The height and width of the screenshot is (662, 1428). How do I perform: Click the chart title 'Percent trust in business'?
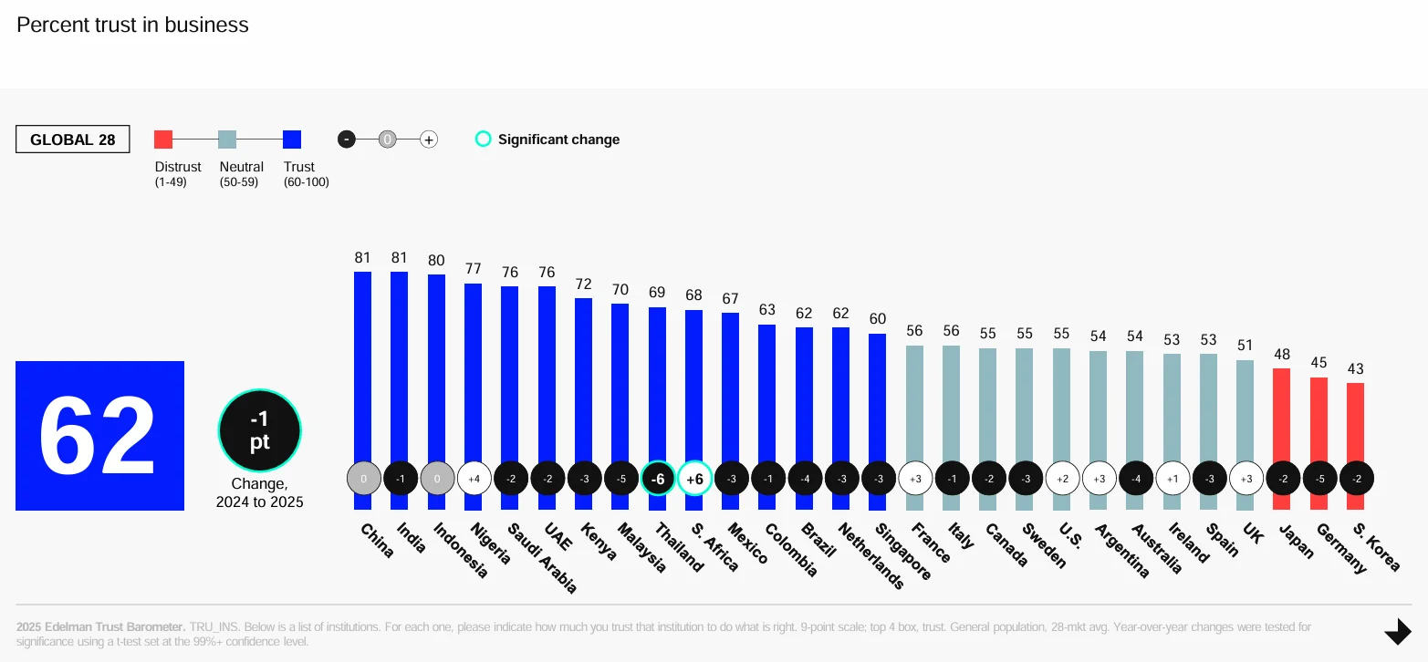tap(132, 25)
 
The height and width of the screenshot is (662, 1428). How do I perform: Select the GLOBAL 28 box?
tap(72, 140)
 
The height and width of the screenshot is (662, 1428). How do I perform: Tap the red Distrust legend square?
tap(163, 140)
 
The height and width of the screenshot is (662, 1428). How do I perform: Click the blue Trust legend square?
tap(292, 140)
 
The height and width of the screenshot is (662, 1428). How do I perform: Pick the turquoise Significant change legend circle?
tap(484, 140)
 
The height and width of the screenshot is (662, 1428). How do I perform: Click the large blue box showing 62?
tap(99, 436)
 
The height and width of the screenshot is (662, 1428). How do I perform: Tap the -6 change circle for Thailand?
tap(658, 478)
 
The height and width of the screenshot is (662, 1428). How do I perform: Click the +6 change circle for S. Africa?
tap(694, 478)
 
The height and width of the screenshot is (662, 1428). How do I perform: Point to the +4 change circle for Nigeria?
tap(474, 478)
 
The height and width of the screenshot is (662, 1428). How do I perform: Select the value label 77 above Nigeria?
tap(474, 269)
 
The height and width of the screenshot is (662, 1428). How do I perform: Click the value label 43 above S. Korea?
tap(1355, 368)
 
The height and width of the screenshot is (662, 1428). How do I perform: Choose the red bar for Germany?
tap(1319, 419)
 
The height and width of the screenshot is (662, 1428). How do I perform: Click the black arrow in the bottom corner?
tap(1398, 631)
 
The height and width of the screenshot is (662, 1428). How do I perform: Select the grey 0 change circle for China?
tap(363, 478)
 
